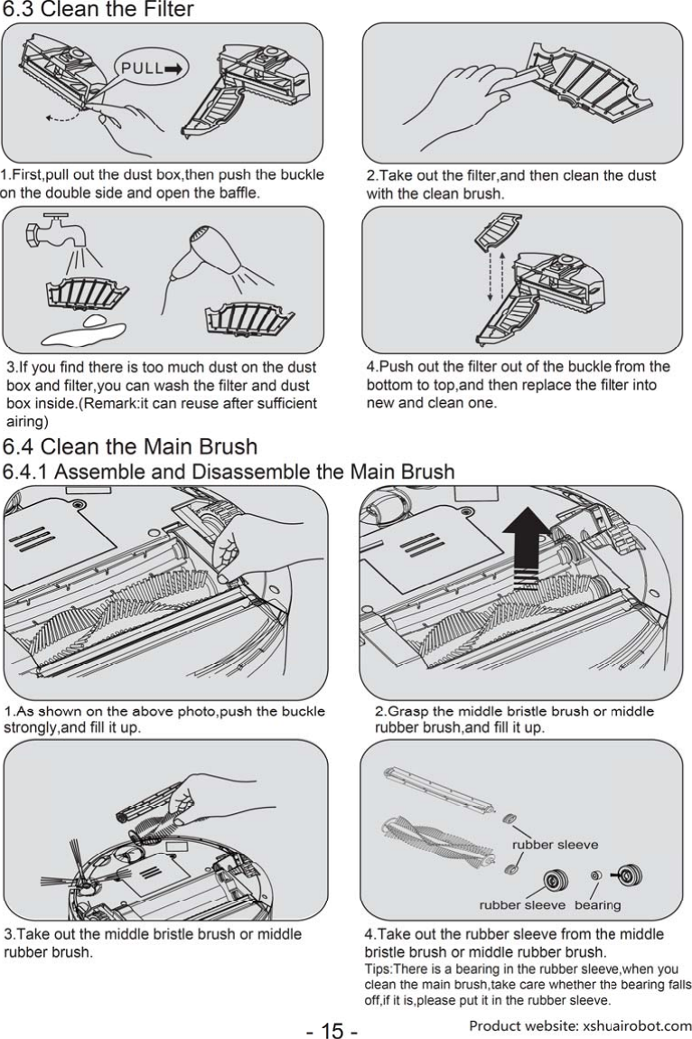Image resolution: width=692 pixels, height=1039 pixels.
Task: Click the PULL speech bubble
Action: tap(148, 68)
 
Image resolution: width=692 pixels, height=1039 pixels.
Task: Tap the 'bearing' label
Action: tap(597, 904)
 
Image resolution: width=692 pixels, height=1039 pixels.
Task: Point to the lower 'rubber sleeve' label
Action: tap(521, 904)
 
